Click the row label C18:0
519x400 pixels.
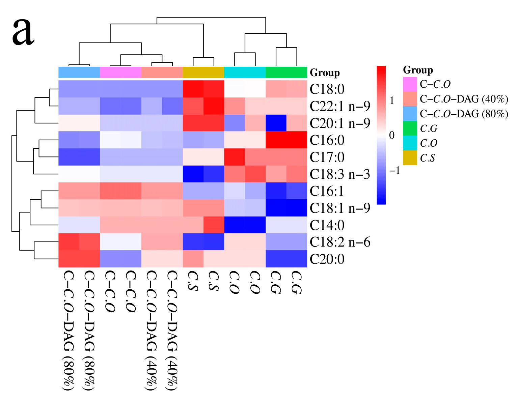327,89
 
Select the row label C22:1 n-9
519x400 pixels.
340,106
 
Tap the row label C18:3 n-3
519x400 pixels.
340,174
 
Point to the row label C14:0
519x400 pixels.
327,225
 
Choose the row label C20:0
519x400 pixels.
327,259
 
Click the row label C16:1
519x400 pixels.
327,191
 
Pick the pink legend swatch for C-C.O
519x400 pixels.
410,84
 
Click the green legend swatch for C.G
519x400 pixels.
410,128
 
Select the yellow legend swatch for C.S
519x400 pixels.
410,158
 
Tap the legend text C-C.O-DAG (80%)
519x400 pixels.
464,114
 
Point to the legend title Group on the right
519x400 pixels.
418,70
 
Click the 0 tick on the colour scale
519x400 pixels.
391,135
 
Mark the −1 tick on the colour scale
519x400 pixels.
394,170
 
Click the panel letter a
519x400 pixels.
23,32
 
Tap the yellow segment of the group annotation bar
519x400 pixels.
203,72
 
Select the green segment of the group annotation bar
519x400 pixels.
286,72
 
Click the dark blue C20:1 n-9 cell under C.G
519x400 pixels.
276,123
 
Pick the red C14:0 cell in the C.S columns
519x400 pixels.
214,225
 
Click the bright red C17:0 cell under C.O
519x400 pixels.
235,157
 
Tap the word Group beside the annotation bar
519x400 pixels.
325,73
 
